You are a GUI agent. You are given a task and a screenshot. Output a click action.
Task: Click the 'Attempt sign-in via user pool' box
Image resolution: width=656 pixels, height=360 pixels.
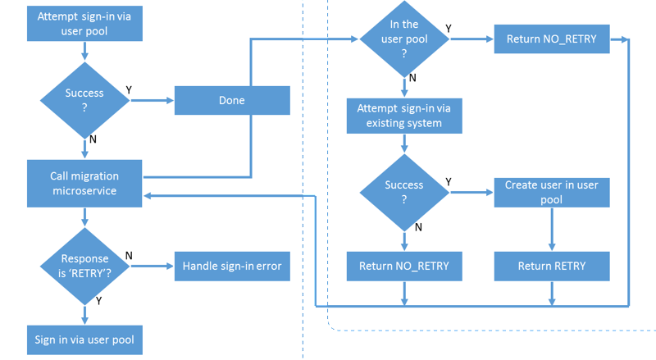[x=85, y=24]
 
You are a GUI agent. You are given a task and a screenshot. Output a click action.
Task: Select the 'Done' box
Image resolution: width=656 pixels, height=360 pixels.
[x=232, y=101]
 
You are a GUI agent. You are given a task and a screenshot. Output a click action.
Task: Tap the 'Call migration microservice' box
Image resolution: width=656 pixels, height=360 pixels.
[x=84, y=184]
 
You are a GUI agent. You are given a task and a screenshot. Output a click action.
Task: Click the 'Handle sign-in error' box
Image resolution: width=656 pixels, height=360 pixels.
[x=232, y=267]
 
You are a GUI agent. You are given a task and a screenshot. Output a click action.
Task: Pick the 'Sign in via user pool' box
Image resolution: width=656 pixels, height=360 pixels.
[x=85, y=339]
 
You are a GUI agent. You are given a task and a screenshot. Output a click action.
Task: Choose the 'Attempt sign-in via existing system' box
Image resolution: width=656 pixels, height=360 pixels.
[x=404, y=116]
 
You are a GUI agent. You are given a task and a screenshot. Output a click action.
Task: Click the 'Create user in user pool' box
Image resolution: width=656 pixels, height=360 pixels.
[x=552, y=193]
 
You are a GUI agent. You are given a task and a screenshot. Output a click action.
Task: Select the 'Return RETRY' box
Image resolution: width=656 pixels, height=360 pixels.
[x=552, y=267]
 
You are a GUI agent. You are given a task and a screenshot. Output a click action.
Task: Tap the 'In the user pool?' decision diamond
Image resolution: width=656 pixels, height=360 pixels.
[x=404, y=39]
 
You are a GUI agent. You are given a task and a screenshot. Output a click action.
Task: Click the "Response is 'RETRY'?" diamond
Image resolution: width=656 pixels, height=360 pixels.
[x=85, y=267]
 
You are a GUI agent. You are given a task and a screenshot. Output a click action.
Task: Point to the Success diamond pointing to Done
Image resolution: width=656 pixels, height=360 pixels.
[x=85, y=101]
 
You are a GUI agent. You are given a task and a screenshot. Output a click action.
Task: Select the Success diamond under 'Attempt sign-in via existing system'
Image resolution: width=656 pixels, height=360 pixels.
[x=404, y=193]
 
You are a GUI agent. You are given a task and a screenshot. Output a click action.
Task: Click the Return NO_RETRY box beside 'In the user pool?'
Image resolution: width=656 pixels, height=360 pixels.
[x=552, y=39]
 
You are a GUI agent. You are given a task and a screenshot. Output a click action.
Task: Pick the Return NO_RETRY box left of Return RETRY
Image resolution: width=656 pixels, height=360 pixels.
[x=404, y=267]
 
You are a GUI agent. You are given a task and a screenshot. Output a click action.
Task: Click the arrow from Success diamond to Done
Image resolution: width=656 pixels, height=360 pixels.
[x=153, y=101]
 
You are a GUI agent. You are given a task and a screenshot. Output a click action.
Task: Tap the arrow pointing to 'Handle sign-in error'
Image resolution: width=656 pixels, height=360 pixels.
[x=153, y=267]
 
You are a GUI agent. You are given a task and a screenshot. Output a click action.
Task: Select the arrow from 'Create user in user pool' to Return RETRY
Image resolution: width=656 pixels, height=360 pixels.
[x=552, y=230]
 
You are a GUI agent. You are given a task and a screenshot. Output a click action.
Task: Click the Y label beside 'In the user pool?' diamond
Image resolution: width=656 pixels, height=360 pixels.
[x=449, y=29]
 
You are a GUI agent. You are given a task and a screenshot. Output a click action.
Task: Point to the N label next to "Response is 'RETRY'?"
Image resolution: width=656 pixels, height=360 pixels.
[x=129, y=256]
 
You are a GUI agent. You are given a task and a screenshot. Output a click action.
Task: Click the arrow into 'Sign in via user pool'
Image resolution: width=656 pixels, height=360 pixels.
[x=85, y=315]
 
